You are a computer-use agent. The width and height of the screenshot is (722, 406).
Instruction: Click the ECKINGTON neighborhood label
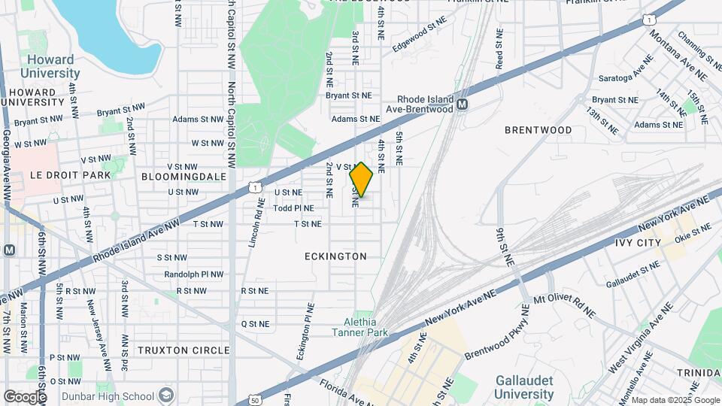pyautogui.click(x=335, y=256)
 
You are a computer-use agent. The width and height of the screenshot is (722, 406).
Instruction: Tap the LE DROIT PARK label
pyautogui.click(x=59, y=175)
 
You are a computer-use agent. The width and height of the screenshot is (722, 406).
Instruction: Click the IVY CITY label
pyautogui.click(x=638, y=243)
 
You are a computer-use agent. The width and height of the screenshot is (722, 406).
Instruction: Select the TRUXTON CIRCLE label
pyautogui.click(x=184, y=350)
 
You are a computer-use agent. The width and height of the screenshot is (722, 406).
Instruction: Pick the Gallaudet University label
pyautogui.click(x=524, y=388)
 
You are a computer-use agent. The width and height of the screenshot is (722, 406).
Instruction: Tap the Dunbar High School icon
pyautogui.click(x=167, y=395)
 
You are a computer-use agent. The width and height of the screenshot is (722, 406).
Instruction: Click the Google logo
pyautogui.click(x=25, y=396)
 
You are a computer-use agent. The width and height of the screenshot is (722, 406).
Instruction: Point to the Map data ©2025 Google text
pyautogui.click(x=675, y=400)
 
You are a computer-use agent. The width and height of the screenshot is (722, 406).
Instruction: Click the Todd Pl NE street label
pyautogui.click(x=293, y=208)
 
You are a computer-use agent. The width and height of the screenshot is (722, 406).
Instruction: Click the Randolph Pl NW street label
pyautogui.click(x=194, y=274)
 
